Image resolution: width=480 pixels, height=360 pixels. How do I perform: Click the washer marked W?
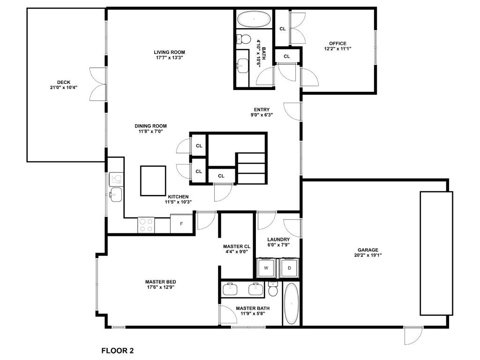coord(266,268)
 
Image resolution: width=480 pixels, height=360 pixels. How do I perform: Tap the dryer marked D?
coord(289,268)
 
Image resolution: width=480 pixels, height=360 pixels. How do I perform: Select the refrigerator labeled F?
coord(181,224)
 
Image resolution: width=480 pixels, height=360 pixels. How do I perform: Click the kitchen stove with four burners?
coord(146,225)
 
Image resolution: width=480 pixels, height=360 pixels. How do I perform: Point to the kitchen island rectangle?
coord(153,180)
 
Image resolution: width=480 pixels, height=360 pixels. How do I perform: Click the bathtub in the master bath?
coord(291,304)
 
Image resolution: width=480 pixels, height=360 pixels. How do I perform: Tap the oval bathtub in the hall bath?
coord(254,19)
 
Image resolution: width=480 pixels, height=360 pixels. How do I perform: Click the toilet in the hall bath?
coord(244,39)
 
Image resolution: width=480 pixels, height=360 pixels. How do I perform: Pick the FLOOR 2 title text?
coord(118,351)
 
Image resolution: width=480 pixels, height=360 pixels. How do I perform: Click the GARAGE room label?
coord(368,250)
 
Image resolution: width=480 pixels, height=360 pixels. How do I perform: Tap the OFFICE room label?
coord(337,44)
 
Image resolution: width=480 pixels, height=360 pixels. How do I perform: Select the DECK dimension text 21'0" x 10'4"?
coord(64,87)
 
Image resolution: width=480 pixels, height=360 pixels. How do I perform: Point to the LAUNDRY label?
coord(278,240)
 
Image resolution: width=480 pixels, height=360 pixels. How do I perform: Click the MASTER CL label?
coord(237,247)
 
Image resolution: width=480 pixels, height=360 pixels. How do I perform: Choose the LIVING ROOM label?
coord(169,52)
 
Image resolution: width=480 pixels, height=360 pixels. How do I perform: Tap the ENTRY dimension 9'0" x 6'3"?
coord(262,115)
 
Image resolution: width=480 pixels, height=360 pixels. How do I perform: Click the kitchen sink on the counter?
coord(116,195)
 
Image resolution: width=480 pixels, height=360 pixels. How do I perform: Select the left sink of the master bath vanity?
coord(230,289)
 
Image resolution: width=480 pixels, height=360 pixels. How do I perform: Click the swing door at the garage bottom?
coord(413,336)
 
